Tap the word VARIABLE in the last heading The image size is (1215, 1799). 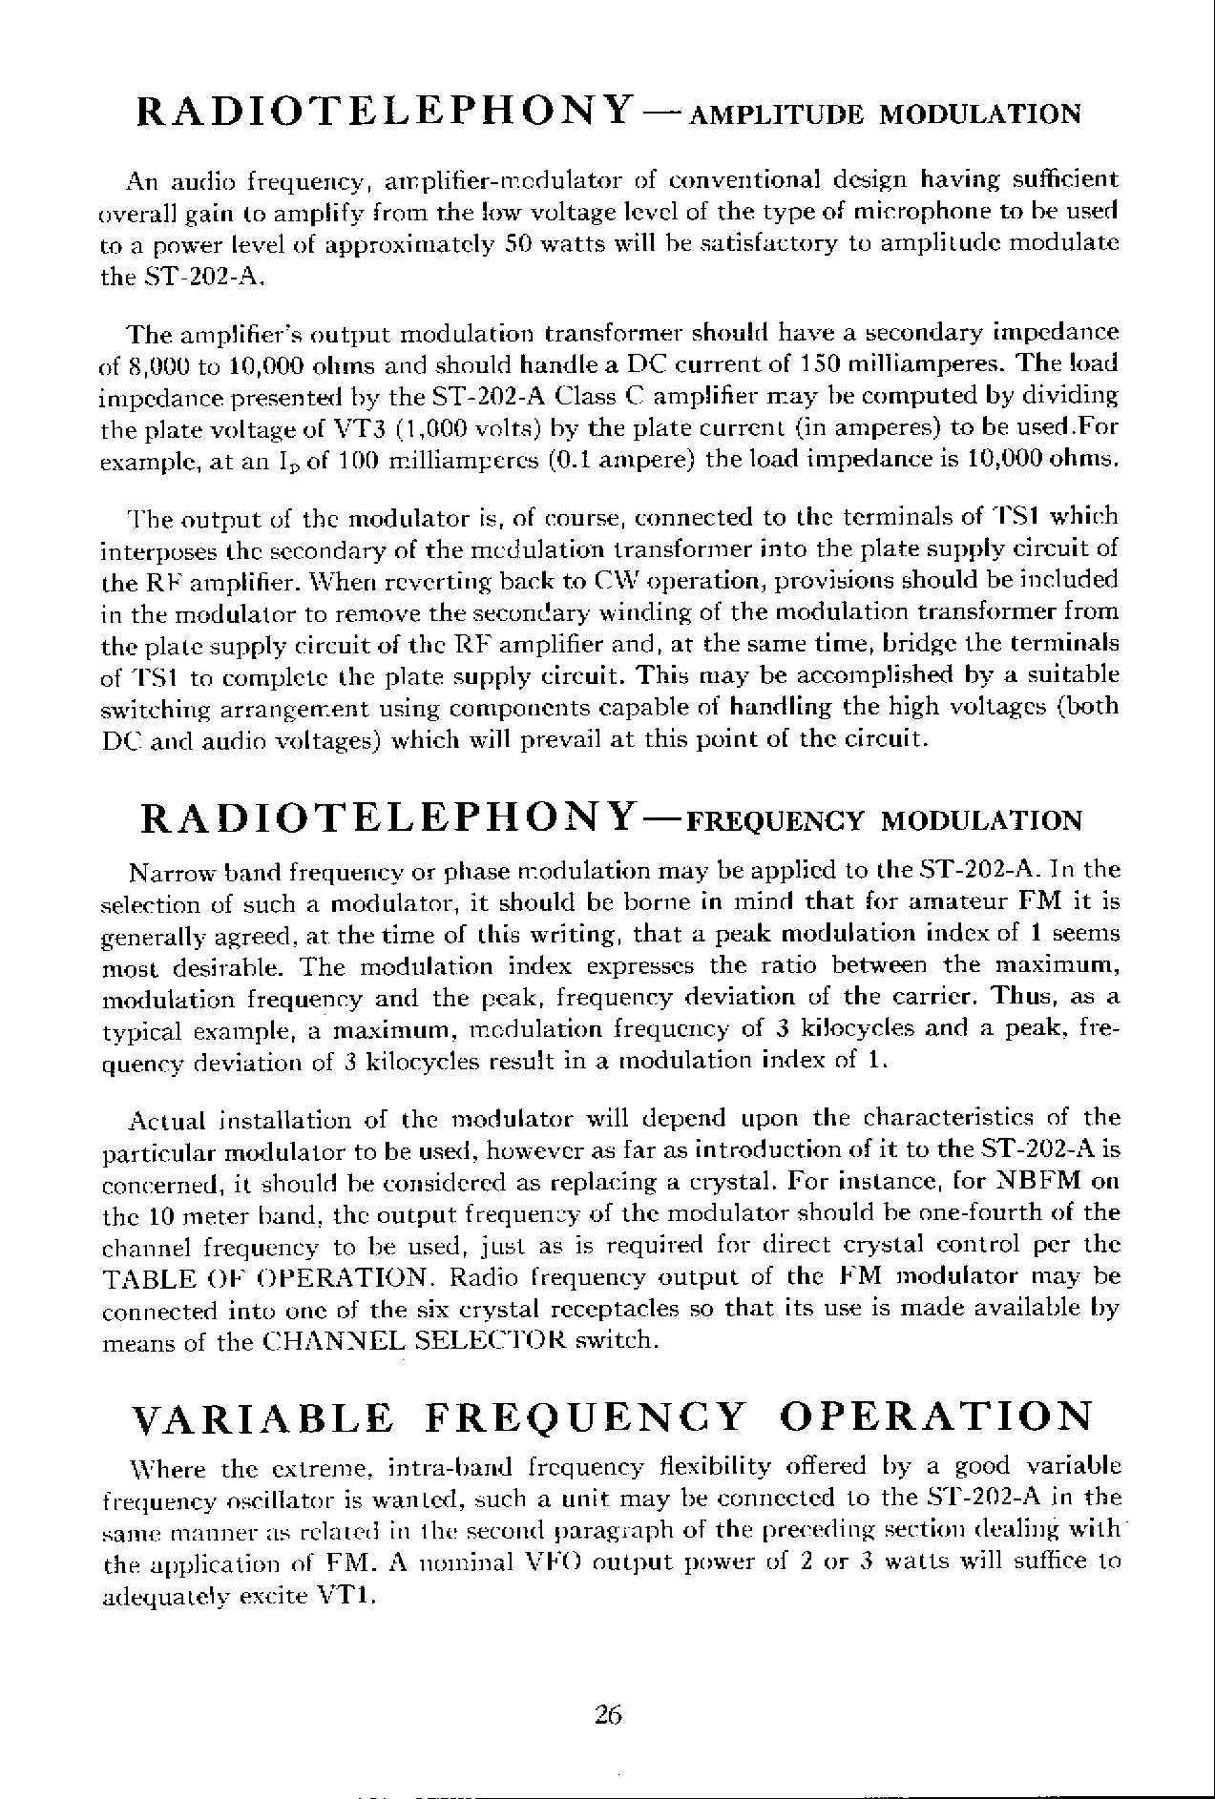click(264, 1417)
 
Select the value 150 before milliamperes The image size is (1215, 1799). click(819, 365)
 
